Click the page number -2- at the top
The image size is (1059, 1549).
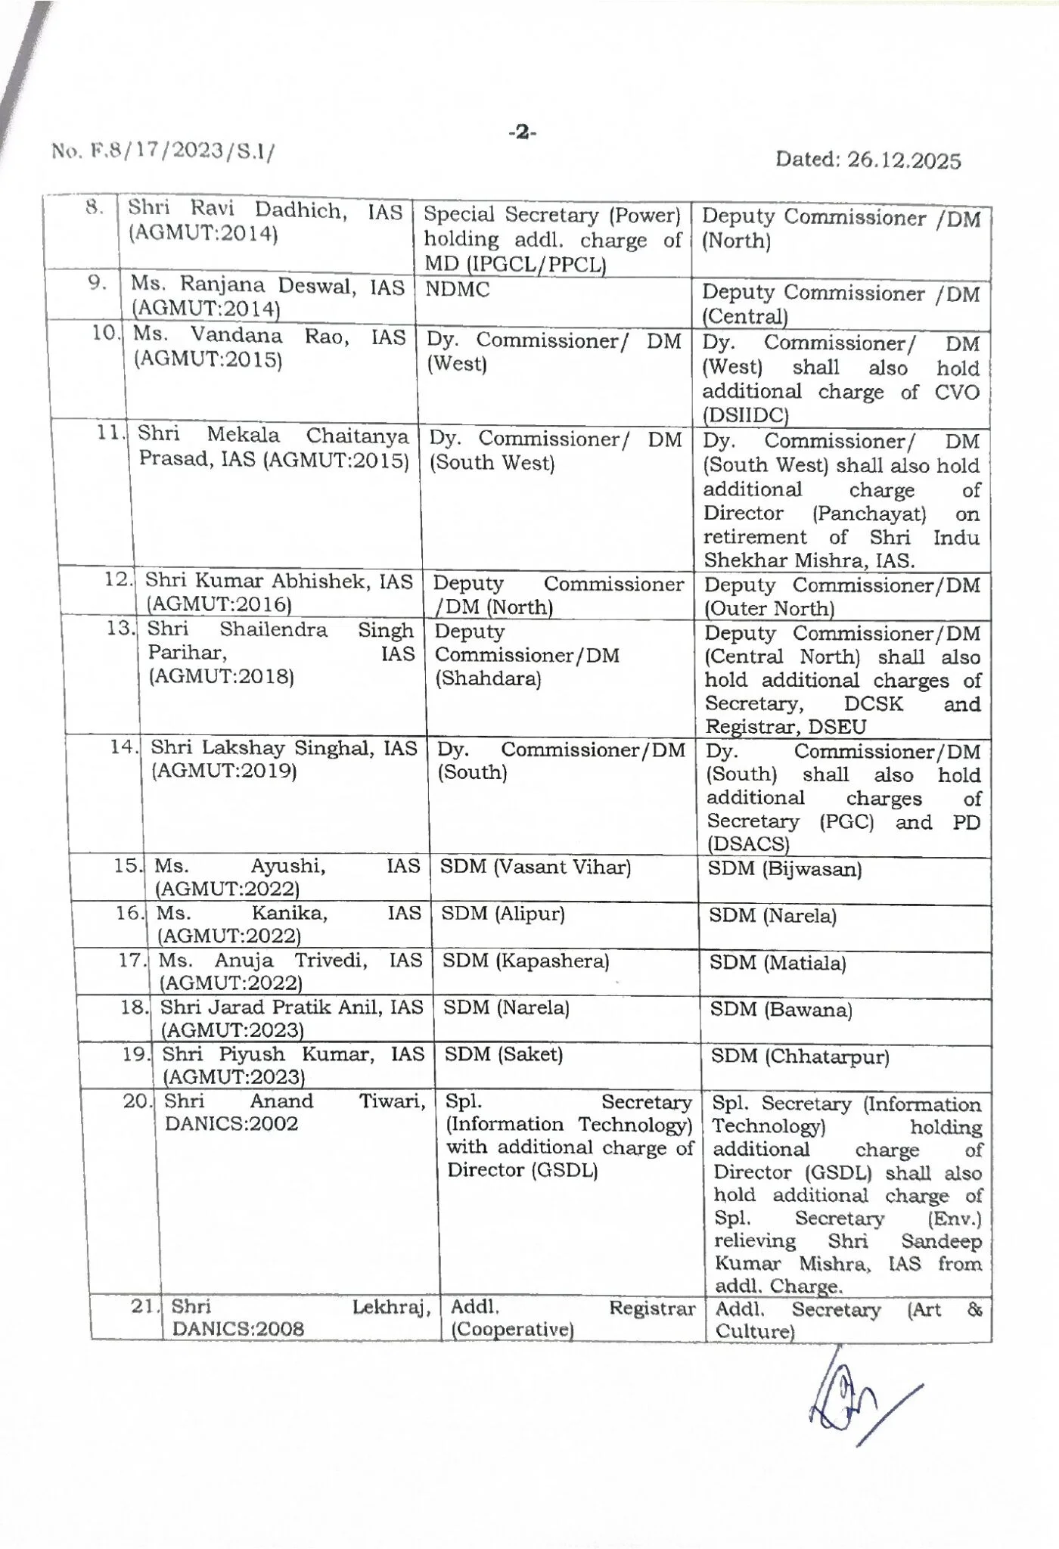522,133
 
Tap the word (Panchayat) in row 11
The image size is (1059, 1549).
869,514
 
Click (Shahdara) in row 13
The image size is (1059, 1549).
488,678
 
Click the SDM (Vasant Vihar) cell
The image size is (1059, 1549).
535,867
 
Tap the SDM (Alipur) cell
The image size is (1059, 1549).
503,914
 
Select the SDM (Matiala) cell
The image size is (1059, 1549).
777,963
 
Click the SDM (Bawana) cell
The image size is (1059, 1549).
780,1010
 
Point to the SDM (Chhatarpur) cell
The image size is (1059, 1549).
800,1057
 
